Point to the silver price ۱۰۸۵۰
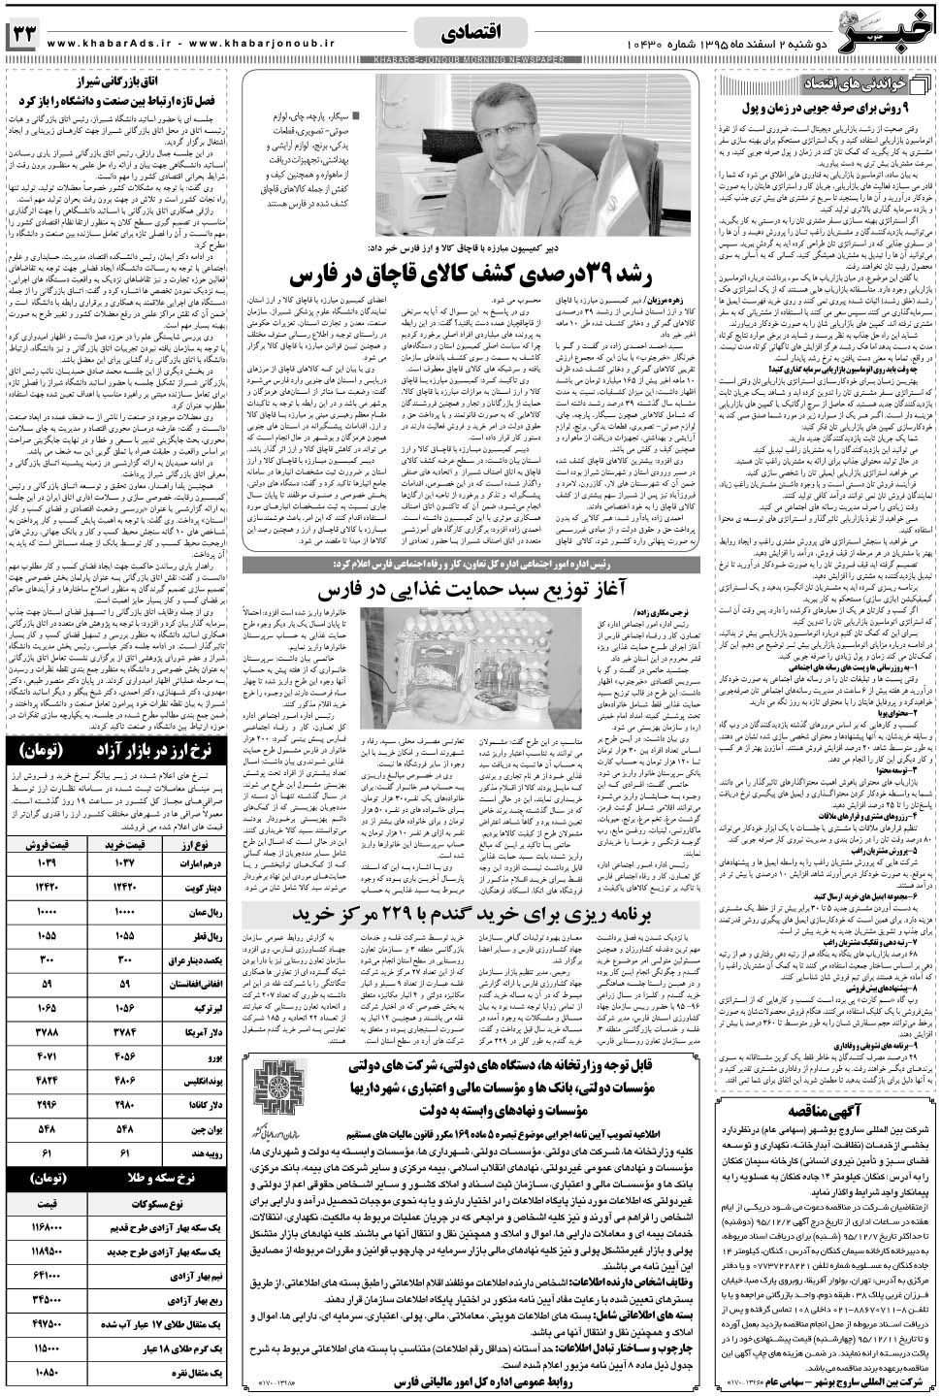pos(48,1374)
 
